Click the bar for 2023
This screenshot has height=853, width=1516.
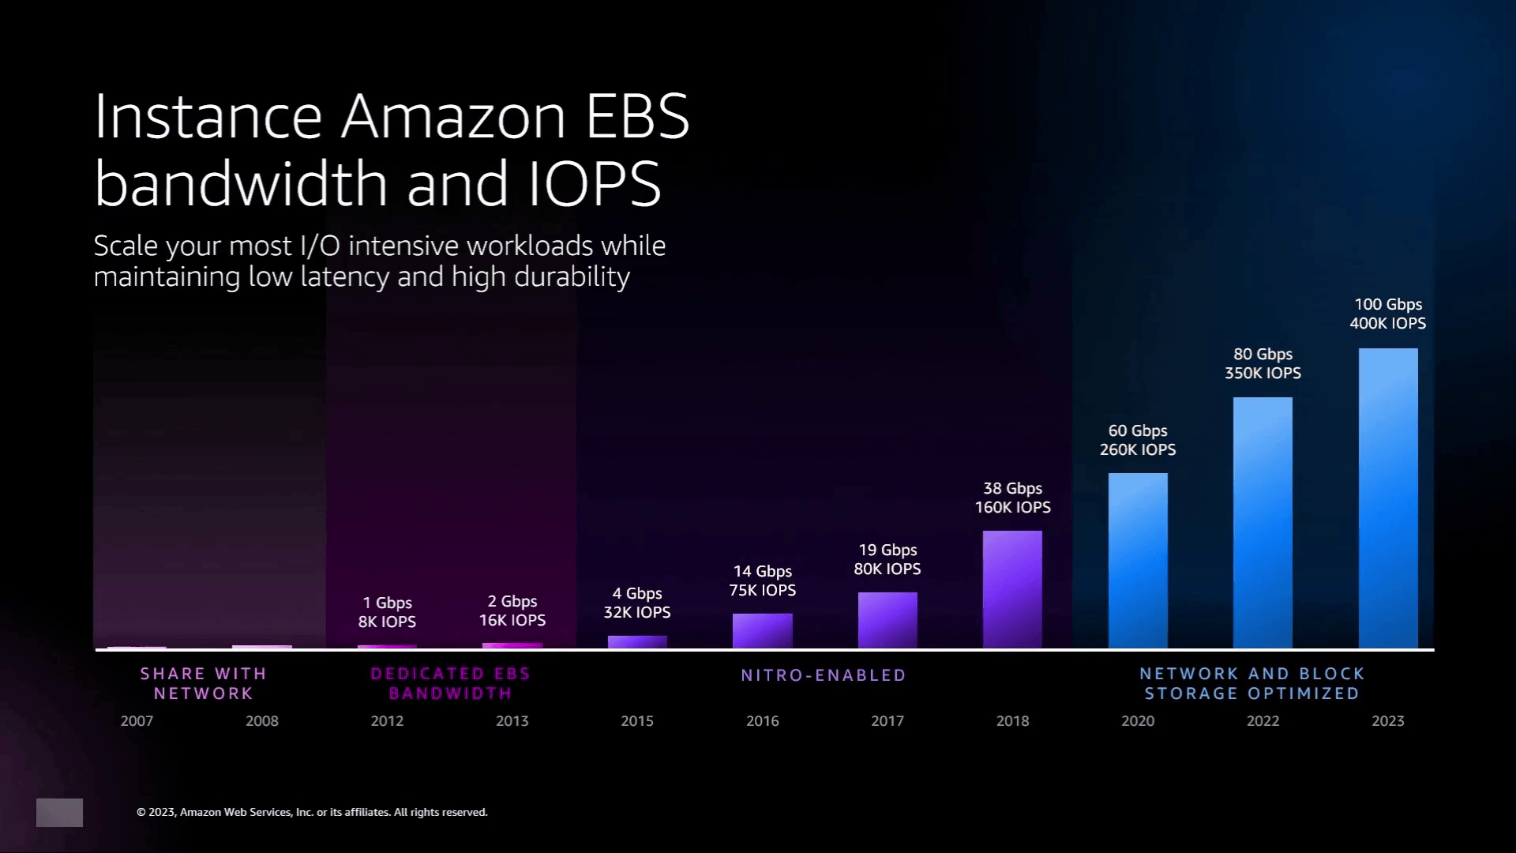coord(1388,498)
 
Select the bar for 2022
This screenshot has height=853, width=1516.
coord(1263,522)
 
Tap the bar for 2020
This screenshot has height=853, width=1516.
coord(1138,560)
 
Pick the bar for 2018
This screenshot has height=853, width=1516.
coord(1012,589)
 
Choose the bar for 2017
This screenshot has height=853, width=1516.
coord(887,620)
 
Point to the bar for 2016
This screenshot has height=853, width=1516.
coord(762,630)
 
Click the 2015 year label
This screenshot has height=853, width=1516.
coord(637,721)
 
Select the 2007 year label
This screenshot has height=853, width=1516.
coord(137,721)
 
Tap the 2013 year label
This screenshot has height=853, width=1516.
coord(512,721)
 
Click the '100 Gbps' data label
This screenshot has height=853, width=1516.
coord(1388,305)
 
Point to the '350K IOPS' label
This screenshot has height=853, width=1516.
coord(1263,374)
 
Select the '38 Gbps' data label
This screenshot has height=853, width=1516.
coord(1012,489)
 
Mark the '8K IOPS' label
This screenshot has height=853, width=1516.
coord(387,622)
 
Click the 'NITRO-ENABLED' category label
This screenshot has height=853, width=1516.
coord(824,675)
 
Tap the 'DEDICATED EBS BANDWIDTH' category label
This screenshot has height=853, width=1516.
coord(450,683)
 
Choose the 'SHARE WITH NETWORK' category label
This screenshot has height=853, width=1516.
coord(204,683)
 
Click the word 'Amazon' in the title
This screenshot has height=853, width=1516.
coord(453,117)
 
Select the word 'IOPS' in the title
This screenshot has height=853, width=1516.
coord(593,184)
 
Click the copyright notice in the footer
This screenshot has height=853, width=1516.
coord(312,812)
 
